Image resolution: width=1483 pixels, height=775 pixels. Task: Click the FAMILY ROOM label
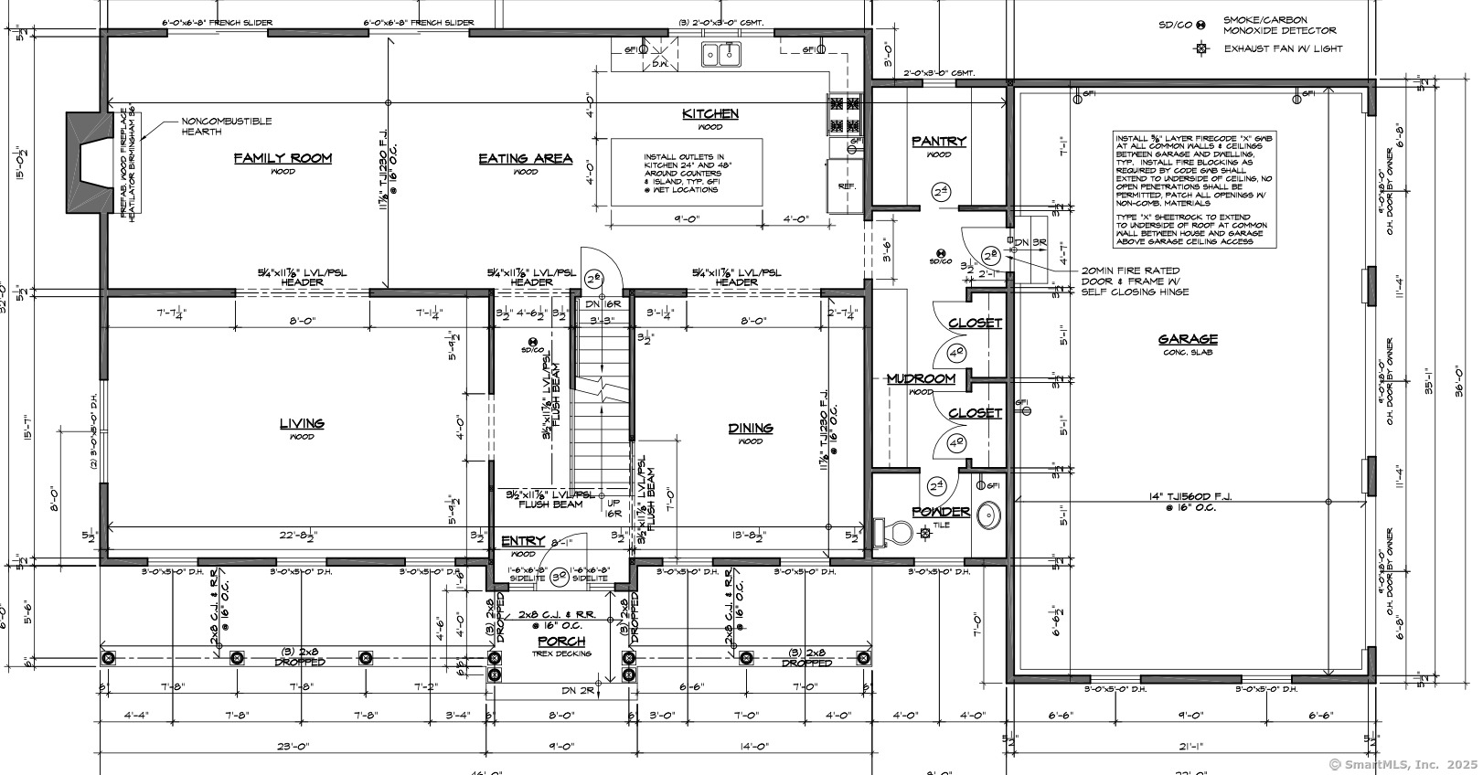[283, 158]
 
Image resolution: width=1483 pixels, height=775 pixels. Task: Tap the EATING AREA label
[526, 158]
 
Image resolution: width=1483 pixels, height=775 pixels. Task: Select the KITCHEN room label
[710, 114]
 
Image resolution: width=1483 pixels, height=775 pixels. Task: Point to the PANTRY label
[939, 142]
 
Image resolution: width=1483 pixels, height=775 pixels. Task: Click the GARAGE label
[1188, 339]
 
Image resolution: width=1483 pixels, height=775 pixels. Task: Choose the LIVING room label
[302, 423]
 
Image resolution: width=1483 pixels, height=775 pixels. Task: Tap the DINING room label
[751, 428]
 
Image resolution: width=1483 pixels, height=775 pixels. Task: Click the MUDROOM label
[921, 378]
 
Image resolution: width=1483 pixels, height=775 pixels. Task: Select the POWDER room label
[941, 512]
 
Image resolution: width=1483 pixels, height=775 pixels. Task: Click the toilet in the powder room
[894, 531]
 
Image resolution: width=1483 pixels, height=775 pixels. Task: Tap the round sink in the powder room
[988, 516]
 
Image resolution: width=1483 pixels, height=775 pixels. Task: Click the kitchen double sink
[721, 54]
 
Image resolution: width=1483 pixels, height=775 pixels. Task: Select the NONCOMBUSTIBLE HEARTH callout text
[226, 126]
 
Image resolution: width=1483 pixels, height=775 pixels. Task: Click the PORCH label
[561, 642]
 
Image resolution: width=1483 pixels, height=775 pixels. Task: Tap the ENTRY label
[523, 542]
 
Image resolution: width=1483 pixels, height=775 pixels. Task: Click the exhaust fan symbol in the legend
[1202, 48]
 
